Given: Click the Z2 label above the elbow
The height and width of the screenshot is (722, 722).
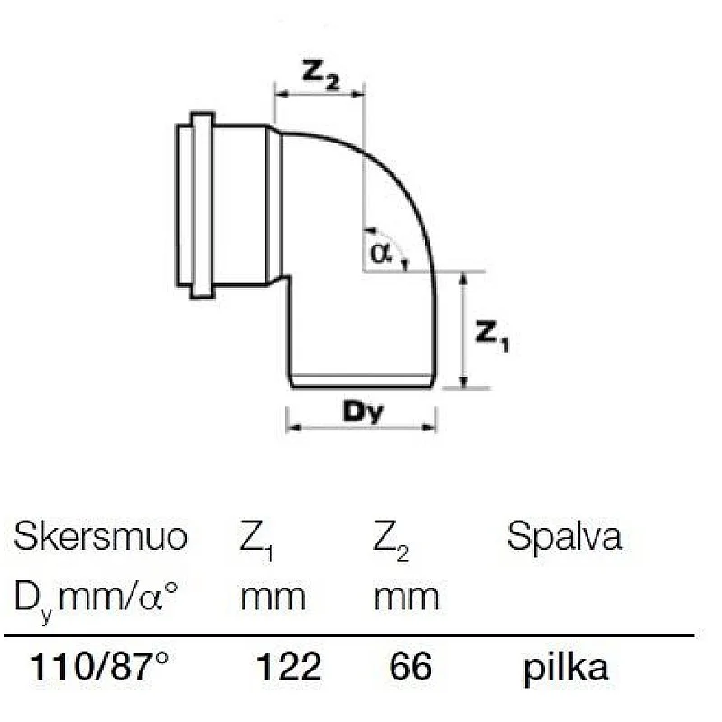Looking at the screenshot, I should pyautogui.click(x=319, y=76).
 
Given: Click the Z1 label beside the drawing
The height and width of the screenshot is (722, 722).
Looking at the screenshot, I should pyautogui.click(x=492, y=335).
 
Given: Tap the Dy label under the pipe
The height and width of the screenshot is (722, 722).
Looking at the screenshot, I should pyautogui.click(x=363, y=412).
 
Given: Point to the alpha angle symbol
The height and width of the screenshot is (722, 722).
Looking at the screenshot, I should pyautogui.click(x=380, y=252).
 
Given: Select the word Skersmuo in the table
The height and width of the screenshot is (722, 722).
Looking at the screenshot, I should pyautogui.click(x=100, y=538).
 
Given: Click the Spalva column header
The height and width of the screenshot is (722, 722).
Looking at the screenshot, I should pyautogui.click(x=564, y=539).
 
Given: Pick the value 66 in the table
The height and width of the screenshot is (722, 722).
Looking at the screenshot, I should pyautogui.click(x=411, y=668).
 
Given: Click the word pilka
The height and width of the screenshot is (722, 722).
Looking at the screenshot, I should pyautogui.click(x=565, y=669).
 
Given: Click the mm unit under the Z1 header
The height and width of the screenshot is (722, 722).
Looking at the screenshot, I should pyautogui.click(x=272, y=597).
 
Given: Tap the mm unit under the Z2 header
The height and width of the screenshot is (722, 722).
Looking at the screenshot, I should pyautogui.click(x=406, y=597).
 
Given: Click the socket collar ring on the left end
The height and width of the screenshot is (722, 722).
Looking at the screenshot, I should pyautogui.click(x=201, y=204).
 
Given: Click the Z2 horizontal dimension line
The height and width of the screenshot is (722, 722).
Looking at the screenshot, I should pyautogui.click(x=319, y=92).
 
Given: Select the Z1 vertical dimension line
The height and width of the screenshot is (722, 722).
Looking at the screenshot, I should pyautogui.click(x=463, y=329).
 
